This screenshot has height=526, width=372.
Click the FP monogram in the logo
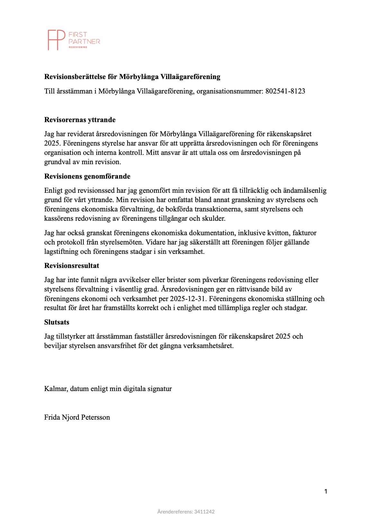pos(56,40)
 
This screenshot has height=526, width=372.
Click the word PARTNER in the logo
pos(85,41)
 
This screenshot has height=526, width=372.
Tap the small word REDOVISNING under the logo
pos(78,47)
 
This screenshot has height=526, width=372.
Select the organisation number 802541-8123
pos(285,91)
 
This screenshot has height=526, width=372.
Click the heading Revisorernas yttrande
pos(80,120)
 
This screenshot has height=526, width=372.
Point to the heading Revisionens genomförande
pos(87,176)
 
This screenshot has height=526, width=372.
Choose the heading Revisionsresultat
pos(72,266)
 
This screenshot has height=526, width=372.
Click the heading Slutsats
pos(57,322)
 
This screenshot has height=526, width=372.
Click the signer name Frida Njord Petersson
pos(77,417)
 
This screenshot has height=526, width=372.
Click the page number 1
pos(326,491)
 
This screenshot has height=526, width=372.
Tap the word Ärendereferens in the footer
pos(171,512)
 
